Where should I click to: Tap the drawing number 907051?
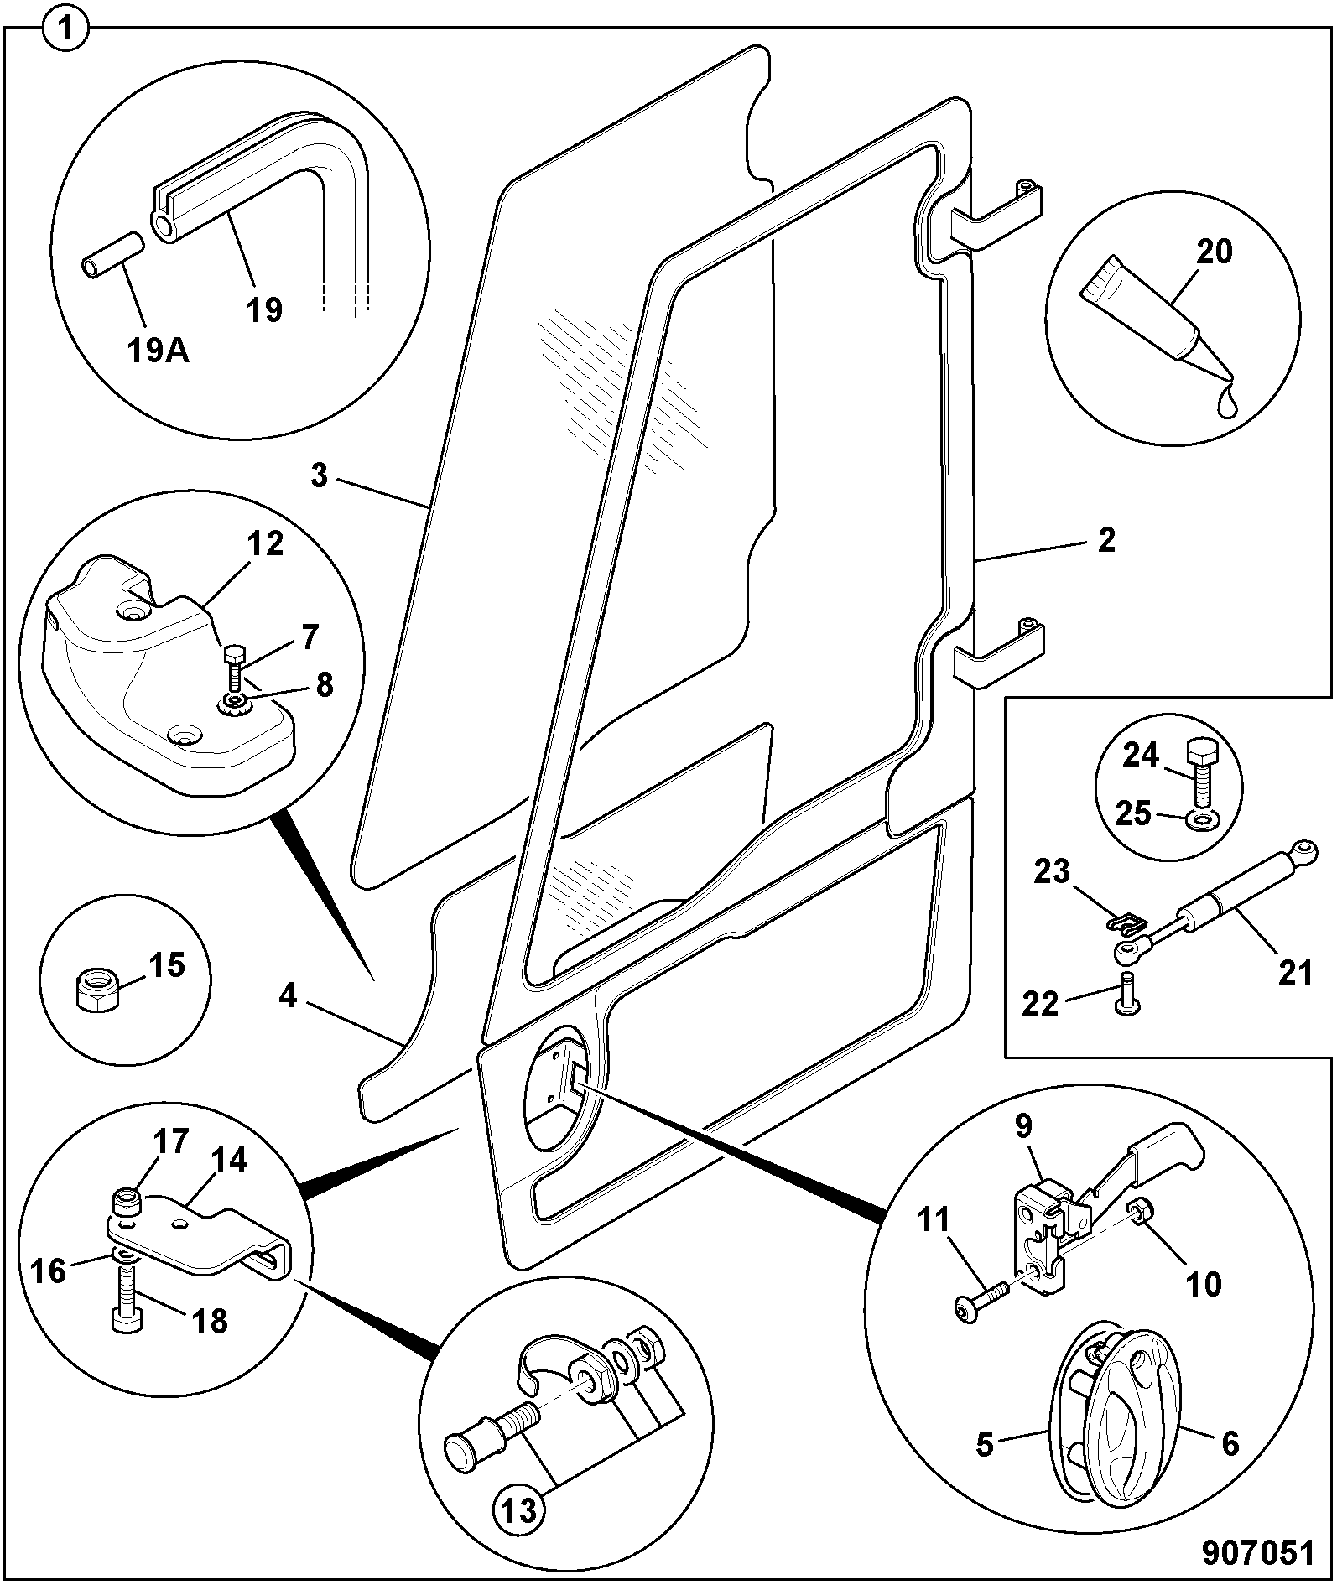click(x=1258, y=1552)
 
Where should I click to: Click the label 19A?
click(x=159, y=351)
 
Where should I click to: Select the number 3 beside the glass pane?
click(x=318, y=475)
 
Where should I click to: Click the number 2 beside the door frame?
click(x=1106, y=541)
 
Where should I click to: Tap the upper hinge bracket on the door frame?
click(x=996, y=215)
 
